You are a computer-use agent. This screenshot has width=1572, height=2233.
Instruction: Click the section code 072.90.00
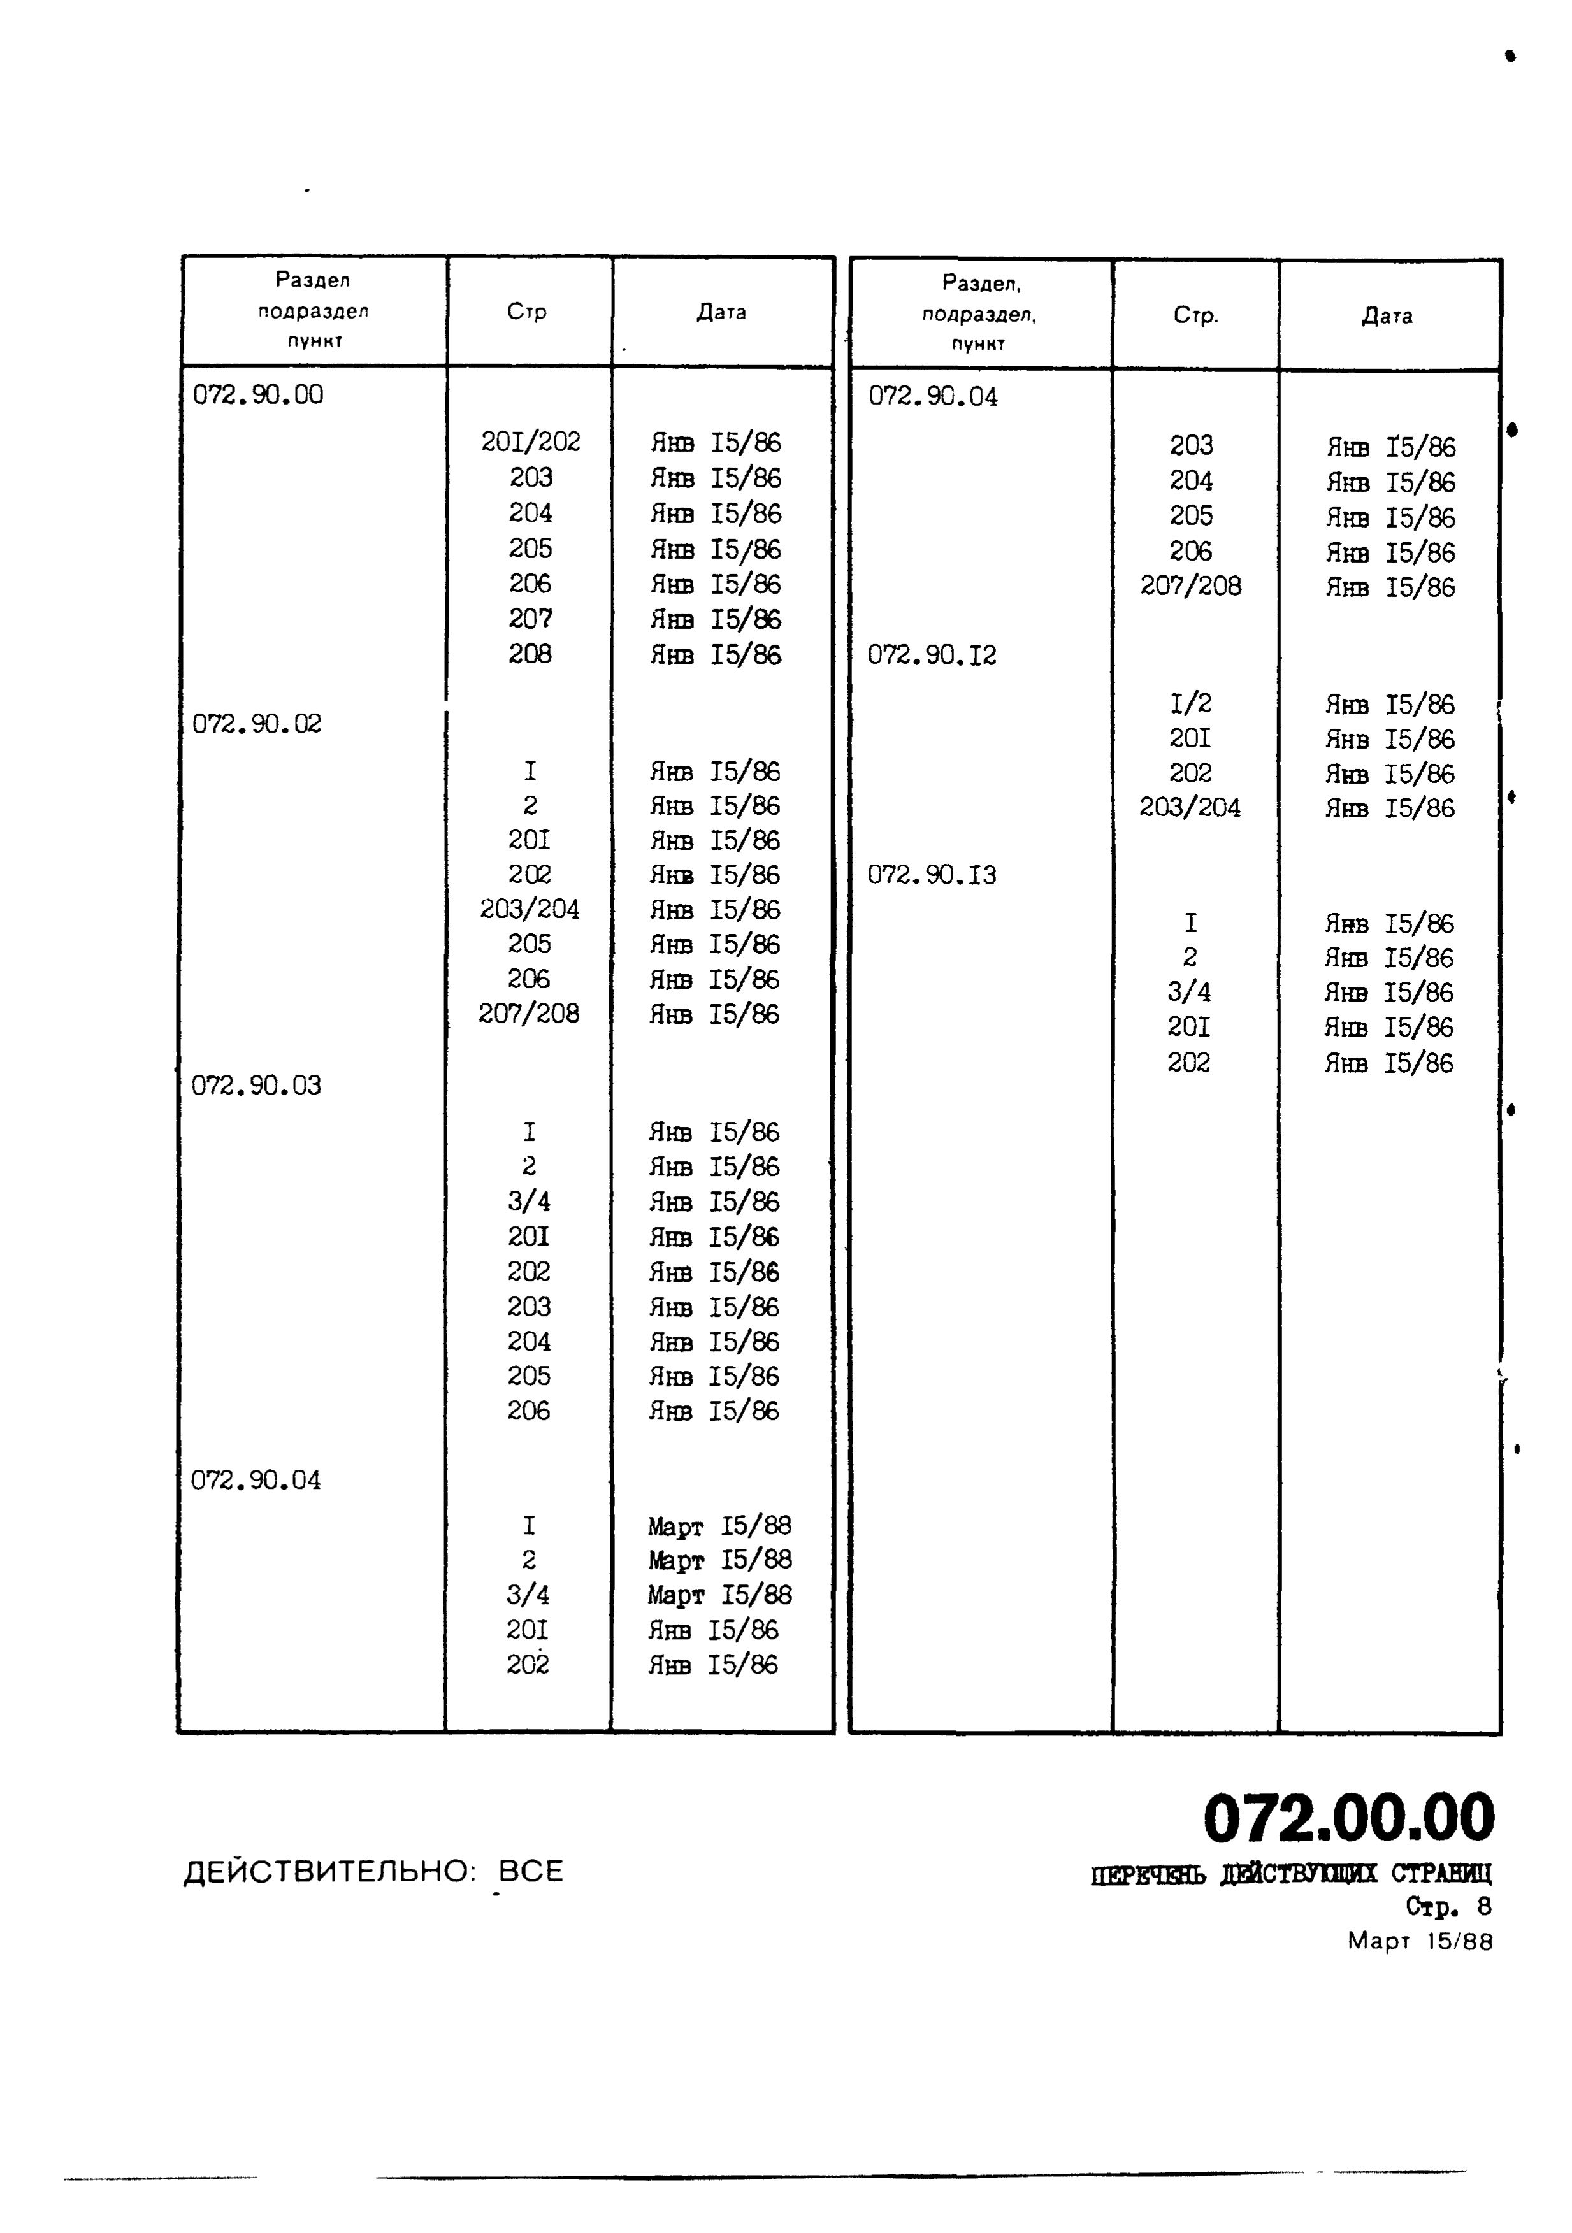coord(258,395)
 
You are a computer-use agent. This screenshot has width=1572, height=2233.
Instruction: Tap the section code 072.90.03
coord(256,1084)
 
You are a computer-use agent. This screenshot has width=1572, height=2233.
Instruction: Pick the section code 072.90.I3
coord(932,874)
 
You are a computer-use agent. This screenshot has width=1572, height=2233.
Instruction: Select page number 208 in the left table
coord(530,654)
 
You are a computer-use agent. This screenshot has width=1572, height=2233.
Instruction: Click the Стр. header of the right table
coord(1195,316)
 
